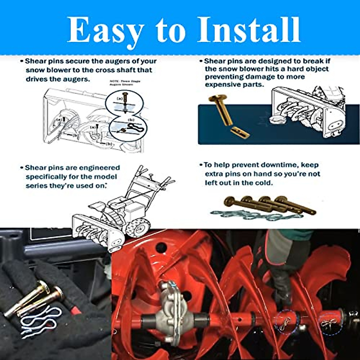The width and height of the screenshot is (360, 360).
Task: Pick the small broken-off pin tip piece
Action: point(240,132)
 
